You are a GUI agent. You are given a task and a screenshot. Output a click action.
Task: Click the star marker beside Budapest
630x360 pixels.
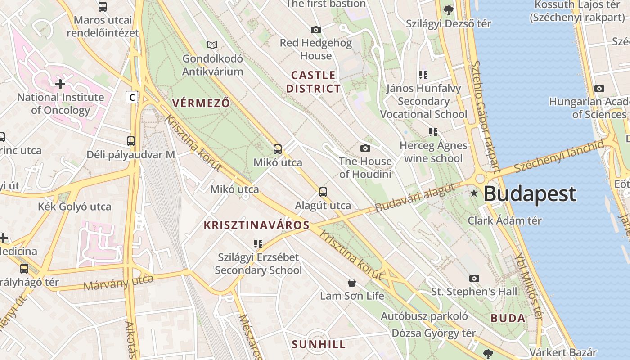coord(474,193)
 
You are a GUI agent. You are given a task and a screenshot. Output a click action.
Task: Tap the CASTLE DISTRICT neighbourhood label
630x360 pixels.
coord(313,82)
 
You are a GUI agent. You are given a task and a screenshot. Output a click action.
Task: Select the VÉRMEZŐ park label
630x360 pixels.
coord(201,103)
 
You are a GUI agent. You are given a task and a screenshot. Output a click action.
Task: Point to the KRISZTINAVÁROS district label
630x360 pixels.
coord(256,225)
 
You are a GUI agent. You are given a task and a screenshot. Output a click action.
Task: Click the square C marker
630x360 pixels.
coord(131,97)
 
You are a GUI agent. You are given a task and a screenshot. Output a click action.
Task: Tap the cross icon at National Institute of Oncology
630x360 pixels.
coord(60,84)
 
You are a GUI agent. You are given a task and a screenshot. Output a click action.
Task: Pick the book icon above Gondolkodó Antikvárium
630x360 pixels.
coord(212,45)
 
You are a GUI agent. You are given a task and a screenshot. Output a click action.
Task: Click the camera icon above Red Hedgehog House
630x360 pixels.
coord(316,30)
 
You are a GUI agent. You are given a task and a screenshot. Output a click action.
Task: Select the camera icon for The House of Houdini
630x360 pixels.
coord(365,148)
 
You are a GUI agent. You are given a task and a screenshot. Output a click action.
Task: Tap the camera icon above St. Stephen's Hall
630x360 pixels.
coord(474,279)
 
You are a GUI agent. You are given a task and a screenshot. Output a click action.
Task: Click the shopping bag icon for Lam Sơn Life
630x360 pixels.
coord(352,283)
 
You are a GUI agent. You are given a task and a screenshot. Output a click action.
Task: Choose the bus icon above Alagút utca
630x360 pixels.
coord(323,192)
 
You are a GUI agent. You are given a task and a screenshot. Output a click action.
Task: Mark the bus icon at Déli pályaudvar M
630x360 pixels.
coord(131,141)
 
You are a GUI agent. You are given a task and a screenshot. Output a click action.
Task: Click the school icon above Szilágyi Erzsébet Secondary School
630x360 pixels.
coord(258,244)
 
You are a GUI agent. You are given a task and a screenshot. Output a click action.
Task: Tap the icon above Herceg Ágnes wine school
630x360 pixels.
coord(433,132)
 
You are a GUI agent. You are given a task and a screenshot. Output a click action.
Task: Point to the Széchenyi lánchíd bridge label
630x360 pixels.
coord(558,156)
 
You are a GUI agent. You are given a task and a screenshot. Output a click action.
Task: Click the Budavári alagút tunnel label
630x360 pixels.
coord(414,198)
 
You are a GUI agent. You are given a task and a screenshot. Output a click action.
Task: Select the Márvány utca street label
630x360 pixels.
coord(118,283)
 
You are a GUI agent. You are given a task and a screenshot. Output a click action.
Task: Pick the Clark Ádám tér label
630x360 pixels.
coord(504,220)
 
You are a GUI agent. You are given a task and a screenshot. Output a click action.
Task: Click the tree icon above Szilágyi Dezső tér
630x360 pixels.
coord(448,10)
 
